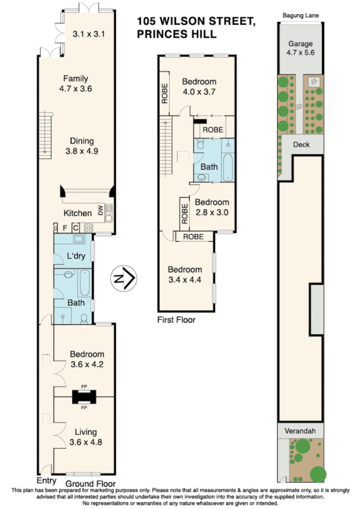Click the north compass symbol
124,278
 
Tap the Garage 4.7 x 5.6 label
300,48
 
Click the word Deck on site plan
301,145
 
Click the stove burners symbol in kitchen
88,228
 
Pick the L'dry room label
76,255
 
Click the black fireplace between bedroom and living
84,397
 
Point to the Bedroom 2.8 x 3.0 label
212,207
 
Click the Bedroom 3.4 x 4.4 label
185,274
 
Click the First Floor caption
176,320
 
